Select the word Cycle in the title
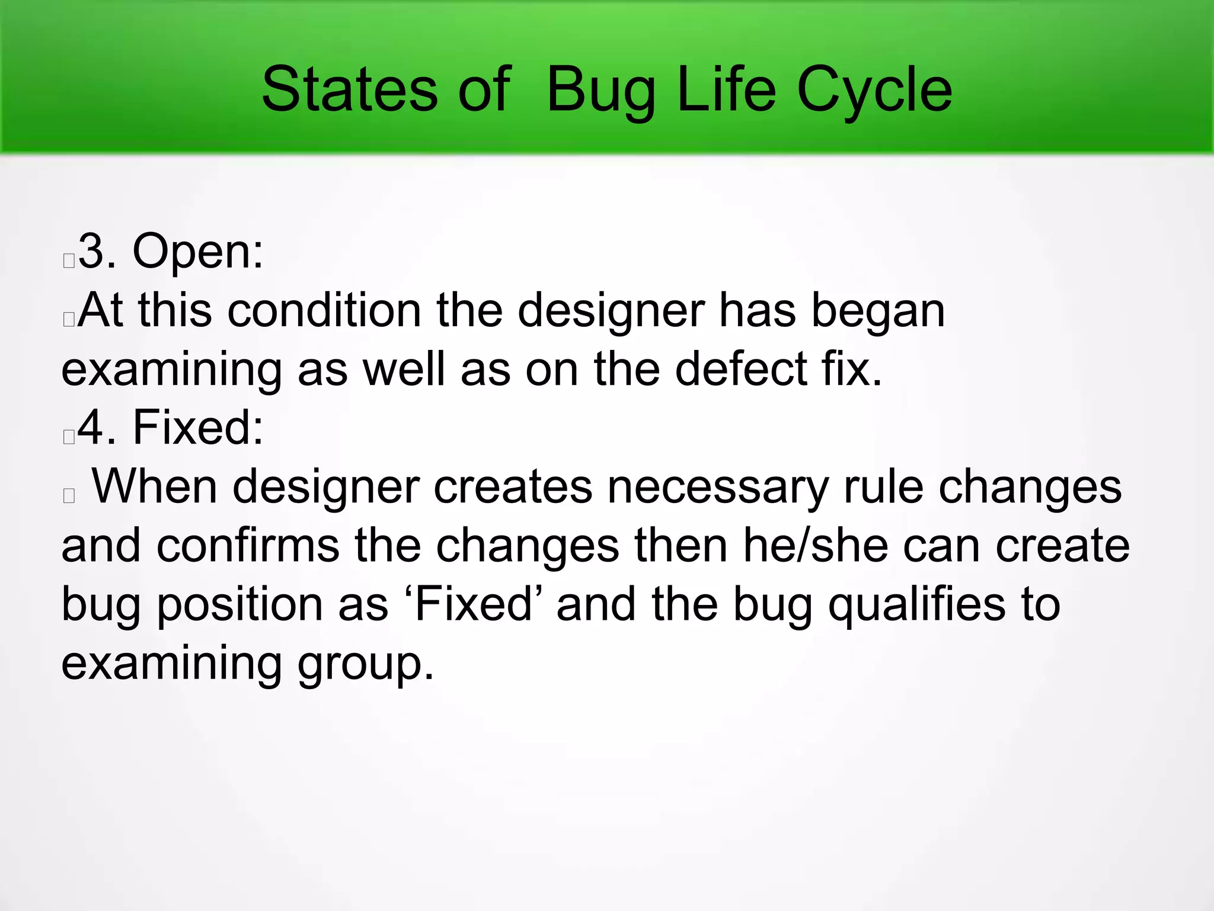click(x=874, y=90)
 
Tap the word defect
click(x=740, y=368)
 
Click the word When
click(x=155, y=486)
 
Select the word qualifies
click(x=916, y=605)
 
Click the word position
click(x=239, y=605)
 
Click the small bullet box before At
click(x=69, y=320)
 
